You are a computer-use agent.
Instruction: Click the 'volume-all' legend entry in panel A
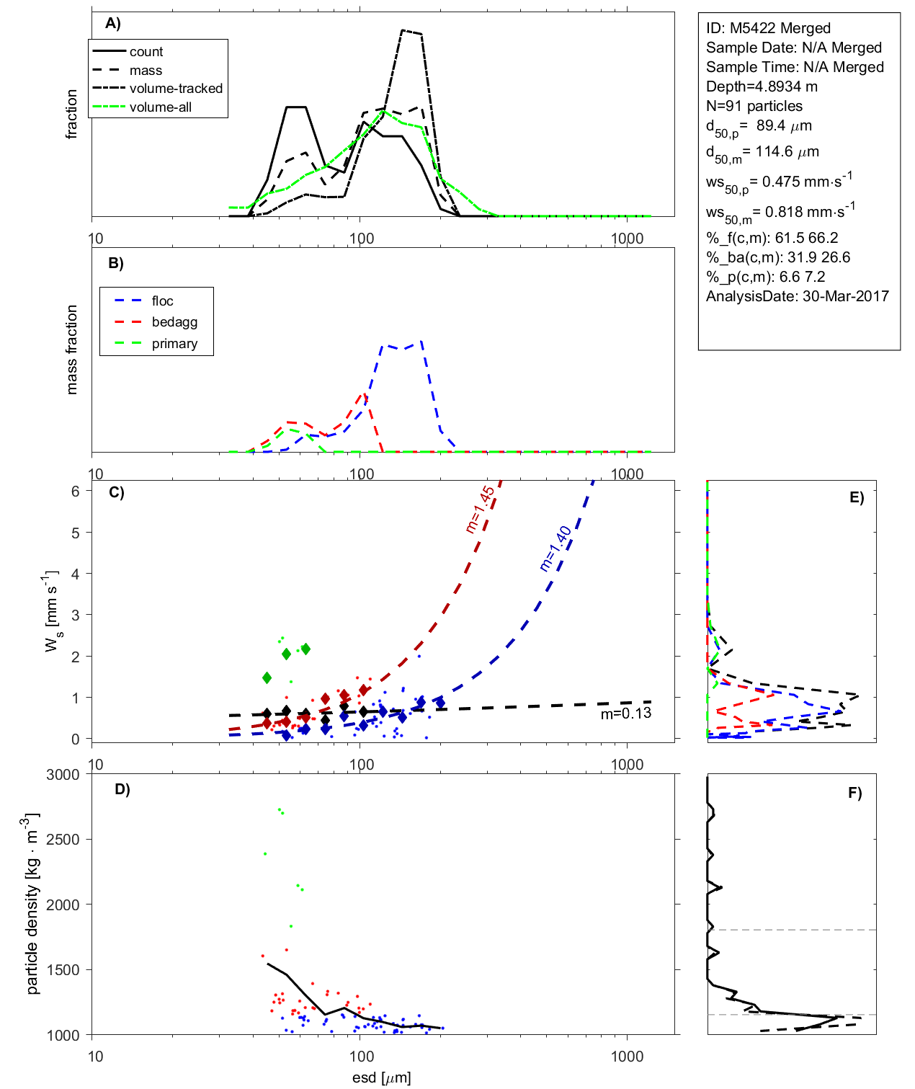161,107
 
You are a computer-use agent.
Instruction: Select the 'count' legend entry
146,52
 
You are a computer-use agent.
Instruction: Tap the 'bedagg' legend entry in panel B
174,322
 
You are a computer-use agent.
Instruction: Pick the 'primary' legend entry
174,344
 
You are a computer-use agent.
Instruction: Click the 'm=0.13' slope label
625,714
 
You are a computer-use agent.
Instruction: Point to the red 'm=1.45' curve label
481,510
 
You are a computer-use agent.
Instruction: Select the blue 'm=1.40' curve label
555,548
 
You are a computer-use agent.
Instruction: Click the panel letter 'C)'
116,493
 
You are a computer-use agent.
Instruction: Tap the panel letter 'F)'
854,794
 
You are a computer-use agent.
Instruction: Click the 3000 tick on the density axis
63,775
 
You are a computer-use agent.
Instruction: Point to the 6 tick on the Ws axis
76,491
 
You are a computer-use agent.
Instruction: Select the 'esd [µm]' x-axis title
382,1078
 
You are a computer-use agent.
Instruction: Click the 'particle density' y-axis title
32,904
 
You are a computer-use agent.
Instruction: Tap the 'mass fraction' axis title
71,350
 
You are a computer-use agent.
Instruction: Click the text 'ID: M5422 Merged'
768,28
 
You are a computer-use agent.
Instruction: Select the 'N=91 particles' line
754,106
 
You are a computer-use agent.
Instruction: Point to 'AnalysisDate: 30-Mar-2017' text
797,296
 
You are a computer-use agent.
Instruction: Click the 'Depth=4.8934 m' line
762,86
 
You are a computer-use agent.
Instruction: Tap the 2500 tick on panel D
63,840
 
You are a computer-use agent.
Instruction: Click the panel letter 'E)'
856,498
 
